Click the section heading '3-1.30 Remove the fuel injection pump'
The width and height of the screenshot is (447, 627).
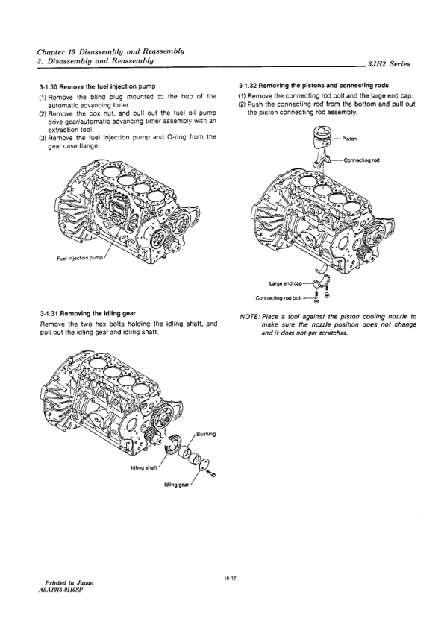click(97, 86)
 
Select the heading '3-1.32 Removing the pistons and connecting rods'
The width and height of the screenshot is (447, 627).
click(313, 86)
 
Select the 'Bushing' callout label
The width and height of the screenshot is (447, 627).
click(206, 434)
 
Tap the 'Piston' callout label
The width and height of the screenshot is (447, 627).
click(350, 139)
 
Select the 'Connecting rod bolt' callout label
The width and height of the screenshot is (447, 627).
click(278, 298)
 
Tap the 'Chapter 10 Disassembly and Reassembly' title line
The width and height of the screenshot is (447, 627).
click(110, 51)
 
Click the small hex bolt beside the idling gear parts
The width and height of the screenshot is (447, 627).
click(212, 473)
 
